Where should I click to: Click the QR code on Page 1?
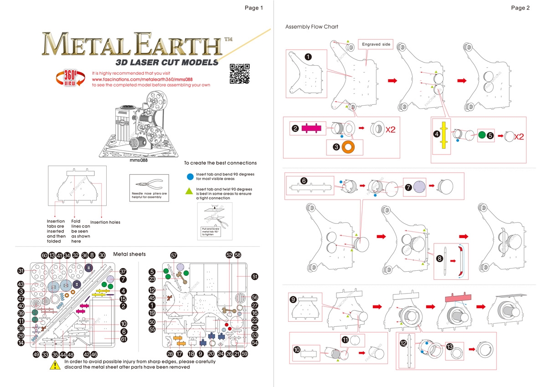(x=240, y=74)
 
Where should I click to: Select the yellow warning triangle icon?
(x=55, y=365)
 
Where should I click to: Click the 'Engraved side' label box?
(x=376, y=44)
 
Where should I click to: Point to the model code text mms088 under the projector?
(x=139, y=160)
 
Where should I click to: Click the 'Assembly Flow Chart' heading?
(x=312, y=27)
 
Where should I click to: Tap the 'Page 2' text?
(x=520, y=8)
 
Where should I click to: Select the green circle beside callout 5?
(x=482, y=135)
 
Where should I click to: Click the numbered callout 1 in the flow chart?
(x=308, y=57)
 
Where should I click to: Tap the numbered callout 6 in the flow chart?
(x=304, y=181)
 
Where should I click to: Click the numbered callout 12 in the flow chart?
(x=404, y=343)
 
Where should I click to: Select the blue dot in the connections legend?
(x=190, y=176)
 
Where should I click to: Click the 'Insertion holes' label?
(x=105, y=222)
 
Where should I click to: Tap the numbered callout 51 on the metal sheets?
(x=254, y=276)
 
